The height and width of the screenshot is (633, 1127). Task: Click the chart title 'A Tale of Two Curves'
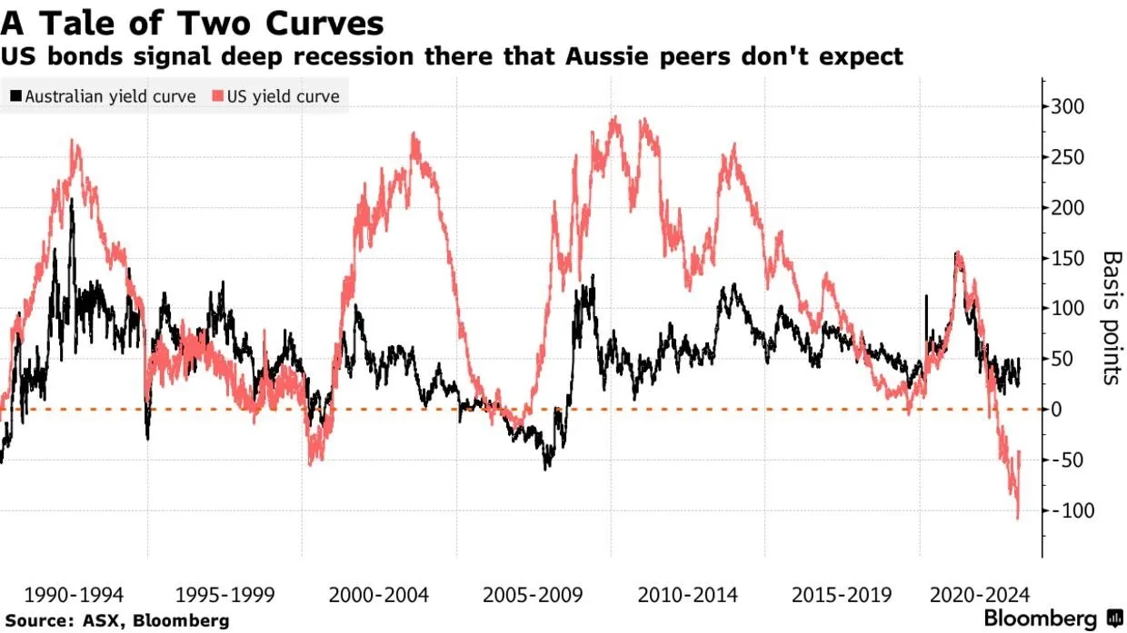191,22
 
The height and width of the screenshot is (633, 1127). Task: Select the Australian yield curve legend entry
102,95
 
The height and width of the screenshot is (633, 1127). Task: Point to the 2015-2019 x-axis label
841,596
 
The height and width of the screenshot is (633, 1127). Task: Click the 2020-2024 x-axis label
980,596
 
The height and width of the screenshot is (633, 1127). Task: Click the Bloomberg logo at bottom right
1052,618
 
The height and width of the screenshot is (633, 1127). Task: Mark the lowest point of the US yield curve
1017,519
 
